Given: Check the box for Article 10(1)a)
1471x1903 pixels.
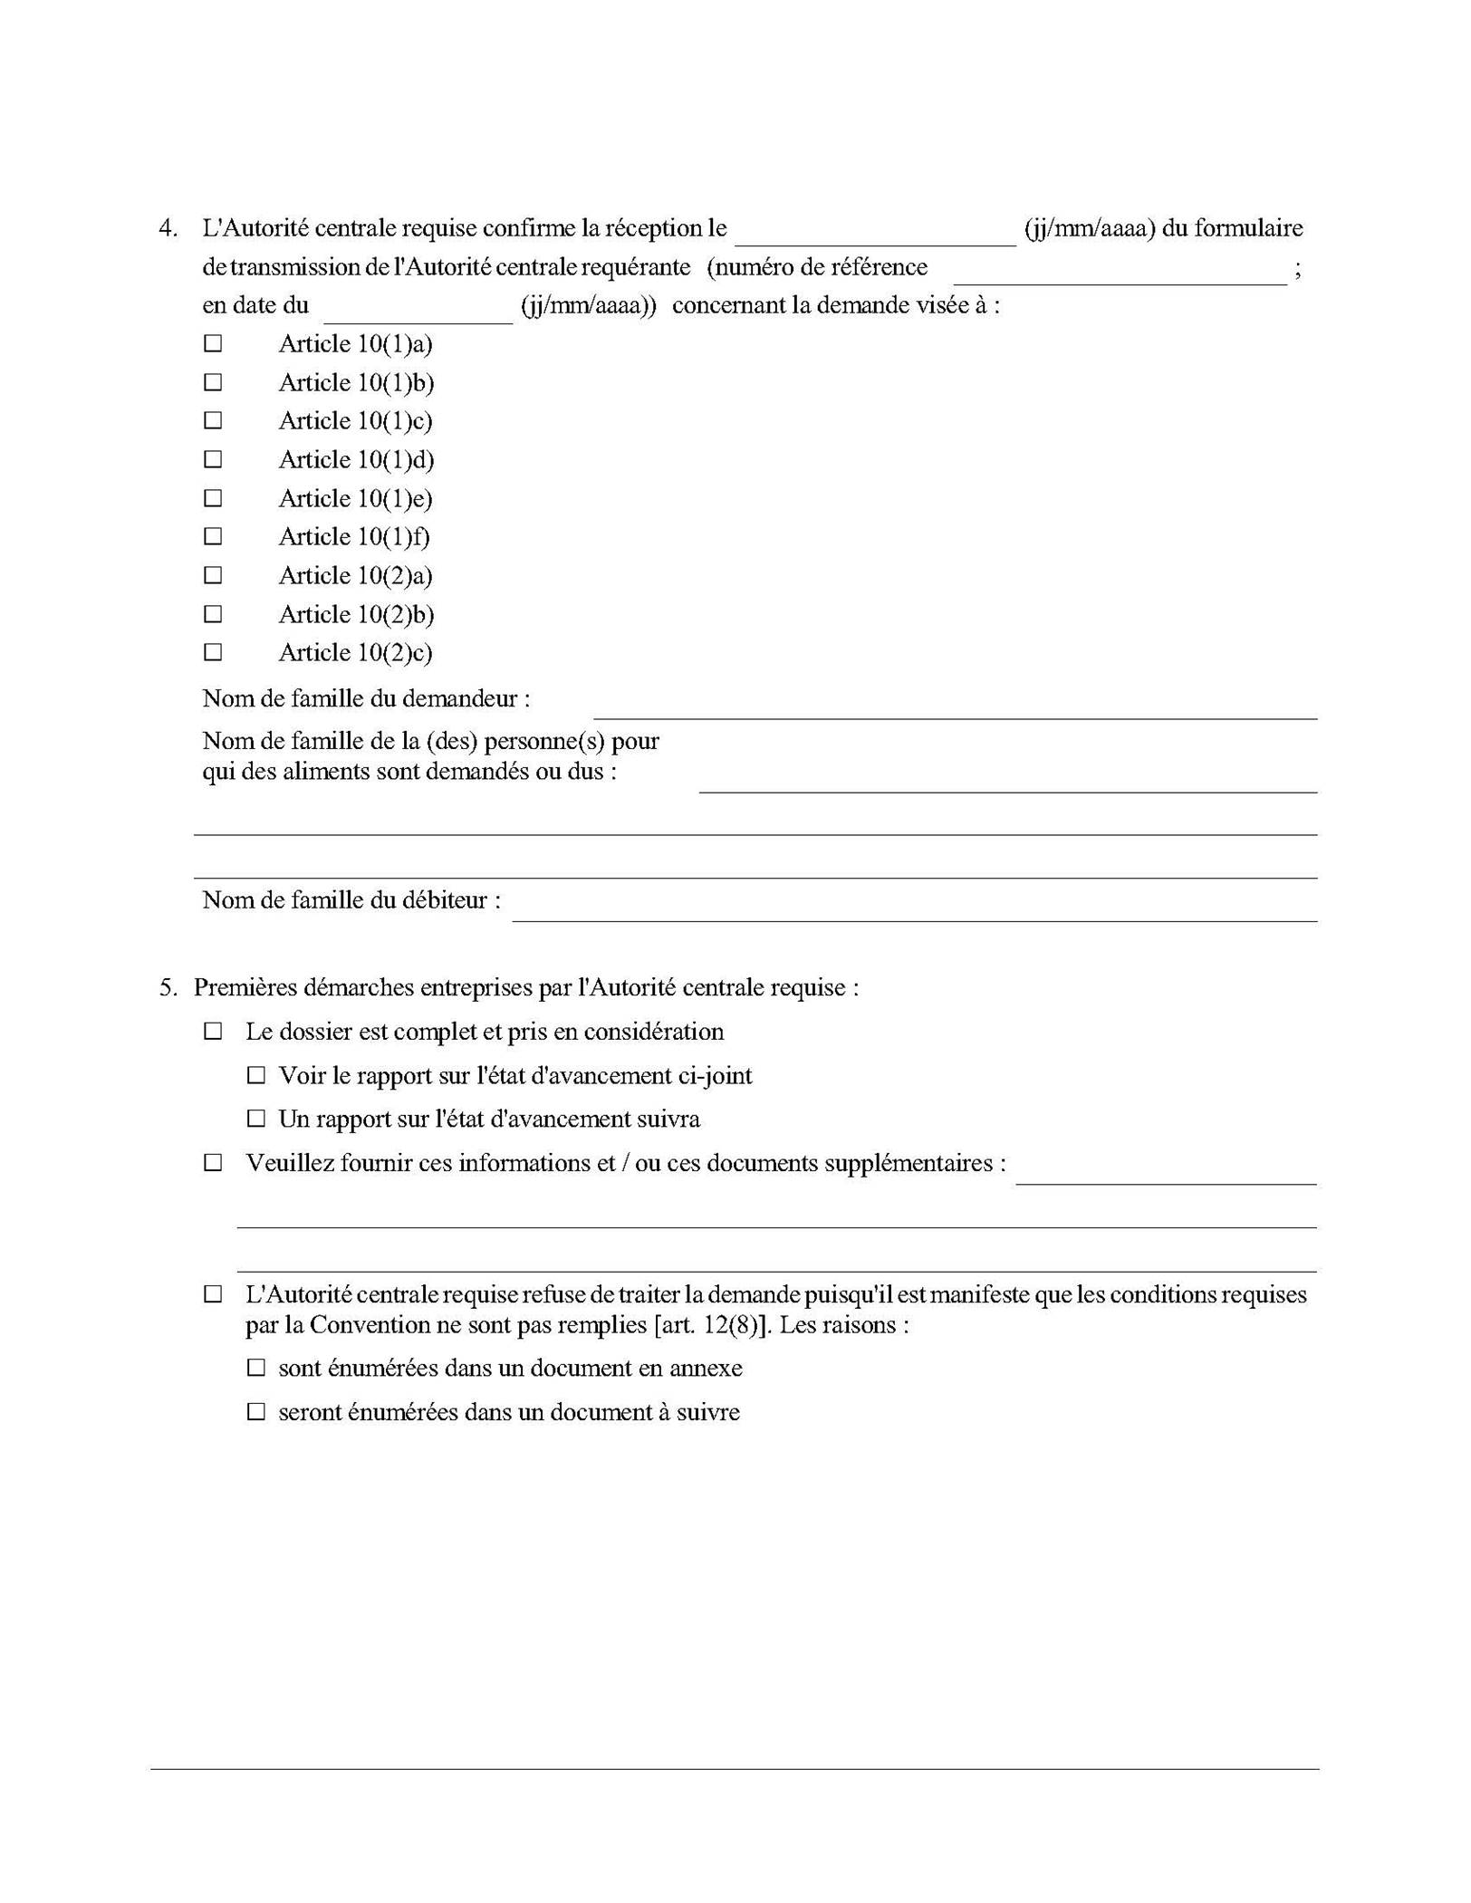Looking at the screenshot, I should pyautogui.click(x=213, y=344).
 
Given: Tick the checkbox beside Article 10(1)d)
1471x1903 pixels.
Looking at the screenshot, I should pyautogui.click(x=213, y=460).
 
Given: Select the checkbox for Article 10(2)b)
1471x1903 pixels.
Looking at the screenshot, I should pyautogui.click(x=213, y=615).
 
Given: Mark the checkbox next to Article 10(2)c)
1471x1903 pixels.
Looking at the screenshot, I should pyautogui.click(x=213, y=653).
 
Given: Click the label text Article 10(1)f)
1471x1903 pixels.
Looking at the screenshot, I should pyautogui.click(x=354, y=537).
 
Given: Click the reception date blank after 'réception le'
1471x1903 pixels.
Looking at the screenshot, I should pyautogui.click(x=875, y=233).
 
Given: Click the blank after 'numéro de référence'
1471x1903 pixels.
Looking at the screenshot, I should pyautogui.click(x=1120, y=272).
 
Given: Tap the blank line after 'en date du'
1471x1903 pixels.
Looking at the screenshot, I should pyautogui.click(x=418, y=311).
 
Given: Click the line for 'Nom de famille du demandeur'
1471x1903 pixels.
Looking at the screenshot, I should pyautogui.click(x=955, y=707).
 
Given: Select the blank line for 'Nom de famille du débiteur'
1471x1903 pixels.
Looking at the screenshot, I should pyautogui.click(x=915, y=909).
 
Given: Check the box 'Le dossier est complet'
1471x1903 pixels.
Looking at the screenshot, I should pyautogui.click(x=213, y=1032).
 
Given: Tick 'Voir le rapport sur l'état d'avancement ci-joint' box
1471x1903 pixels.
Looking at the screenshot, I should pyautogui.click(x=256, y=1076).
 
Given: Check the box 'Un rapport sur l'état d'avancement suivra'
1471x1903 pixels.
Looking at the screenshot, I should pyautogui.click(x=256, y=1120).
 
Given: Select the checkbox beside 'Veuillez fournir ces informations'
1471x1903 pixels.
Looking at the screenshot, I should pyautogui.click(x=213, y=1163).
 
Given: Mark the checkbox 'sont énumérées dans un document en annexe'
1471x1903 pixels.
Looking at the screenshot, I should pyautogui.click(x=256, y=1368).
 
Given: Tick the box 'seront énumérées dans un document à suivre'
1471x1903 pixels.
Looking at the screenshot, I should pyautogui.click(x=256, y=1412).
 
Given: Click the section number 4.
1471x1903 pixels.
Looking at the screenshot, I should pyautogui.click(x=168, y=228).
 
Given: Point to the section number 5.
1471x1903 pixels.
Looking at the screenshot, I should pyautogui.click(x=168, y=987).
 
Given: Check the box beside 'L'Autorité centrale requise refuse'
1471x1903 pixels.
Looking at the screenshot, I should pyautogui.click(x=213, y=1295).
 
